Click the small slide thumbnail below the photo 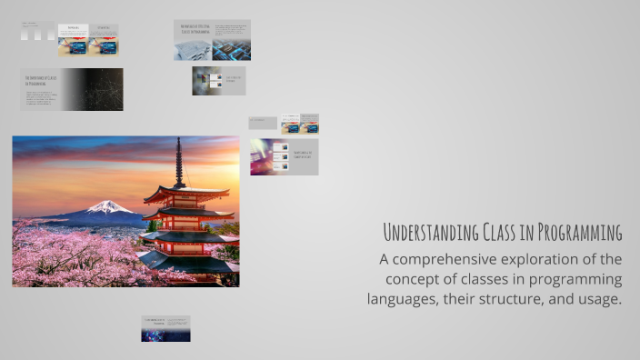[x=165, y=328]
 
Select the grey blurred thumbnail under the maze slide [x=206, y=81]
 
